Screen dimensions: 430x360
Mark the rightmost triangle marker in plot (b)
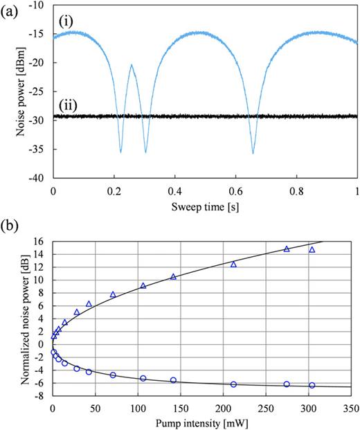tap(312, 250)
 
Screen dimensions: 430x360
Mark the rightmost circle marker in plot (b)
tap(312, 385)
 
